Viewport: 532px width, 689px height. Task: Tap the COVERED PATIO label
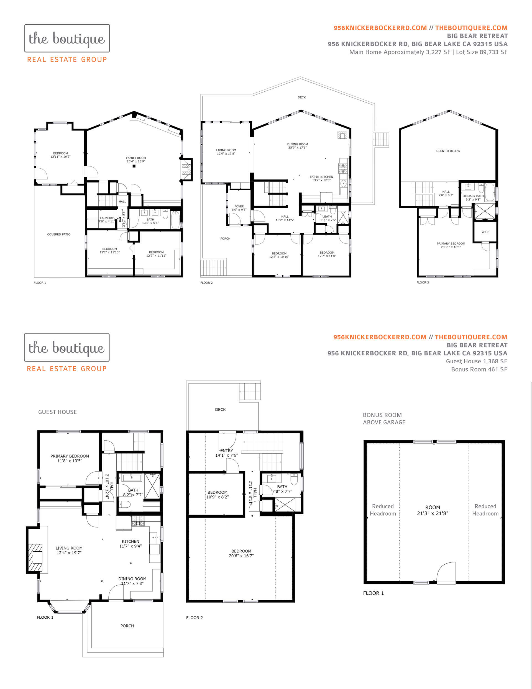(59, 234)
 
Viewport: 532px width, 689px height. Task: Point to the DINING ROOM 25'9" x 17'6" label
(297, 146)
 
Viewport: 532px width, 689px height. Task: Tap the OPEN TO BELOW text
(448, 151)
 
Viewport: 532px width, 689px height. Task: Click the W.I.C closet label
(485, 232)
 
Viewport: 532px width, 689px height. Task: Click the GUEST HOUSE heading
(57, 412)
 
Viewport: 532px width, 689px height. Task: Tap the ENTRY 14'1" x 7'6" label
(226, 453)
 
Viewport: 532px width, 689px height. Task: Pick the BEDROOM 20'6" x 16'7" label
(241, 553)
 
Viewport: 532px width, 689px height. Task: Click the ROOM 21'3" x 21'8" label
(433, 510)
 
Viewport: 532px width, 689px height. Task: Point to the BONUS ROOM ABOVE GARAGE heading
(384, 418)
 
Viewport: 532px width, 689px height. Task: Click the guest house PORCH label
(127, 626)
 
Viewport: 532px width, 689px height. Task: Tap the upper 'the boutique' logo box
(67, 38)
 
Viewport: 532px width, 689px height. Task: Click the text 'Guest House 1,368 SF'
(476, 361)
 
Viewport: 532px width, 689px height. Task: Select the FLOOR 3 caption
(423, 282)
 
